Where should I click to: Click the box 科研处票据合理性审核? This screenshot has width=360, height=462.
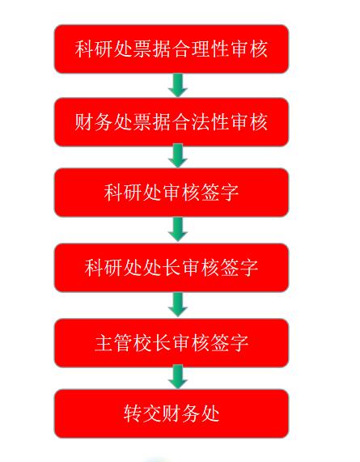pos(172,49)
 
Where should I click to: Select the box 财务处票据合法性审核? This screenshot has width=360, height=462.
pos(172,122)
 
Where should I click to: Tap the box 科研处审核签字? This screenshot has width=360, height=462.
pos(172,193)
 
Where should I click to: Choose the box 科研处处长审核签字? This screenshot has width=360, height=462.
pos(172,268)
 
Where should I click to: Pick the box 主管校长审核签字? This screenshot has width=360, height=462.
pos(172,343)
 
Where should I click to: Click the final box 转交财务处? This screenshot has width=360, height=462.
pos(172,413)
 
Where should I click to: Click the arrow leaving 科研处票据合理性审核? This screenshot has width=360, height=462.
pos(178,86)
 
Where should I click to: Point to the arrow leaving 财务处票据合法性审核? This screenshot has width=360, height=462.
pos(178,156)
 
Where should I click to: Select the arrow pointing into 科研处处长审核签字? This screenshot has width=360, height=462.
pos(178,230)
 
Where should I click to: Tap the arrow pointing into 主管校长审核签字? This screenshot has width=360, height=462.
pos(178,305)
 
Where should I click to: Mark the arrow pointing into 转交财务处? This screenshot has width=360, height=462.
pos(178,377)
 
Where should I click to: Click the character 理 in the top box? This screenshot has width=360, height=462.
pos(201,49)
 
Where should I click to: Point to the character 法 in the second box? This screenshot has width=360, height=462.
pos(201,122)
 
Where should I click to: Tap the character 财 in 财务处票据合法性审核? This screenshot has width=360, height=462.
pos(84,122)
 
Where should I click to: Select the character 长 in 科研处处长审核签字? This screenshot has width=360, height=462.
pos(172,268)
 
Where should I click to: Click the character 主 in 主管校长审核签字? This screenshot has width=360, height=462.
pos(104,343)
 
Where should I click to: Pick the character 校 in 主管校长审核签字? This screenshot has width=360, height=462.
pos(142,343)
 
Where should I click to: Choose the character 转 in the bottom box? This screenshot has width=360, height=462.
pos(133,413)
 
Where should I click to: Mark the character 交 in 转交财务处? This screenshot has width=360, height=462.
pos(152,413)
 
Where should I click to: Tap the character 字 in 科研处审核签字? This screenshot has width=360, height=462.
pos(229,193)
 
